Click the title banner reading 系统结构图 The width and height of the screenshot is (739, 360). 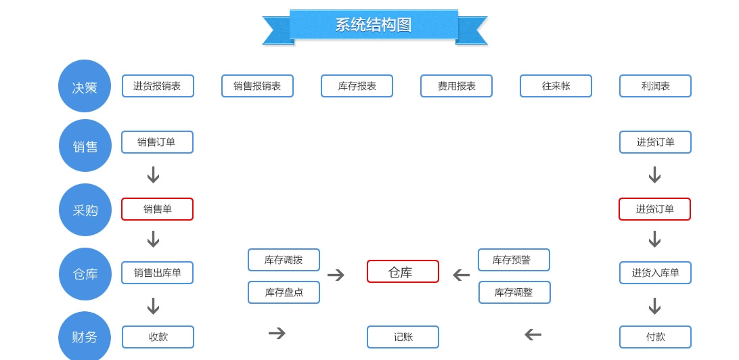(x=374, y=26)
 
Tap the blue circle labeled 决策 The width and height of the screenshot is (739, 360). (x=85, y=86)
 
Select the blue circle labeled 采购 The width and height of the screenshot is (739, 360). (x=85, y=210)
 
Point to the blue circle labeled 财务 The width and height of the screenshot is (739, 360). (x=85, y=336)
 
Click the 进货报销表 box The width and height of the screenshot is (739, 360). (x=158, y=86)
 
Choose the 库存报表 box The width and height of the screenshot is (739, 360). (x=357, y=86)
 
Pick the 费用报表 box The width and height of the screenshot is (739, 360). (x=456, y=86)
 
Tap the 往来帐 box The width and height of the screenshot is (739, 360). (x=556, y=86)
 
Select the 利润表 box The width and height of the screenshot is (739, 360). (x=655, y=86)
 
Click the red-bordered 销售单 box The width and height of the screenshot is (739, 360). (x=158, y=209)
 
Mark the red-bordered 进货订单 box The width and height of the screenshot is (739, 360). (x=654, y=209)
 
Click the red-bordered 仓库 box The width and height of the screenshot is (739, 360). (x=403, y=272)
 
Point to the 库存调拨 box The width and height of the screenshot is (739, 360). (x=284, y=260)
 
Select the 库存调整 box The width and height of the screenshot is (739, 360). (x=514, y=292)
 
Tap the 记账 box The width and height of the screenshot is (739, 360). (x=403, y=337)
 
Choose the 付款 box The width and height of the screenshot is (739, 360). (x=655, y=337)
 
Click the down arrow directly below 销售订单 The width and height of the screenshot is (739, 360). (x=153, y=175)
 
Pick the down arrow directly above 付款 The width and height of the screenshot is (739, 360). (x=654, y=307)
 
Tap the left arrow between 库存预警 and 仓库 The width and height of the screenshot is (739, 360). (x=461, y=275)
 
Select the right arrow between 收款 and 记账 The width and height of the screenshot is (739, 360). (x=277, y=334)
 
